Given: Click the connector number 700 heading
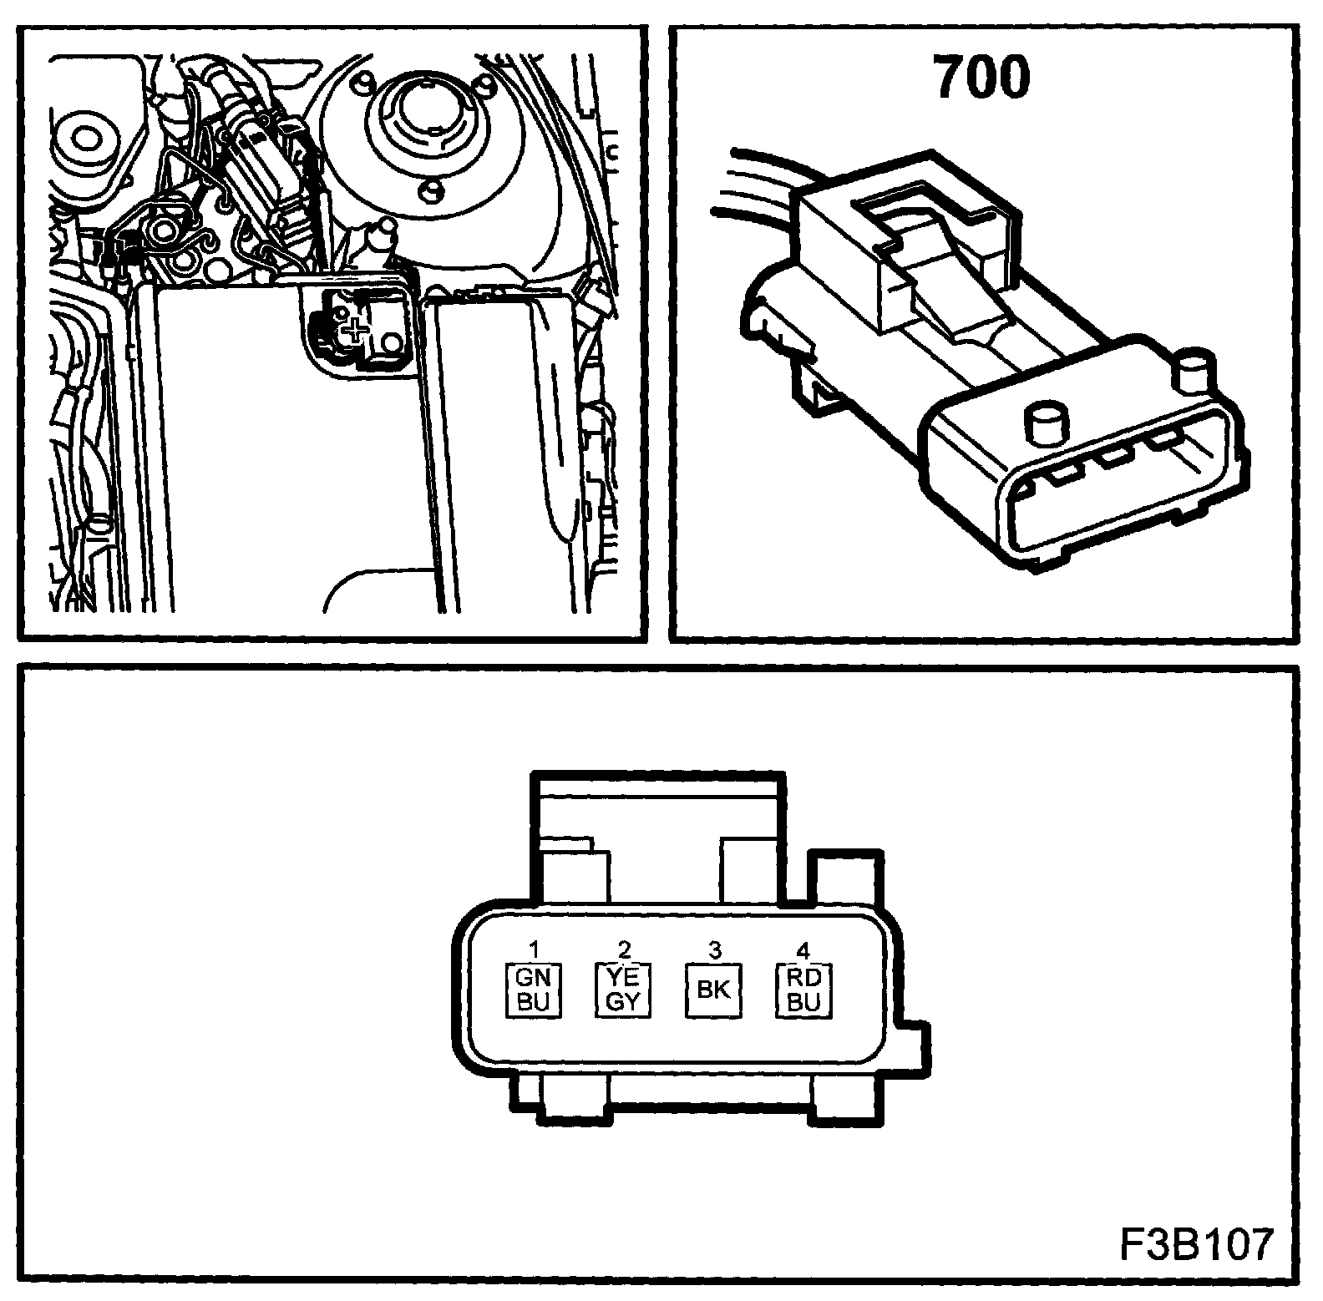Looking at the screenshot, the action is point(982,79).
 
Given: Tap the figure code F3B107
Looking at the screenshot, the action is point(1195,1246).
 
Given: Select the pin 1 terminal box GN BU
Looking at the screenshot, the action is point(533,990).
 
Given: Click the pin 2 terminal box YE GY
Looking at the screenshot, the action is point(623,990).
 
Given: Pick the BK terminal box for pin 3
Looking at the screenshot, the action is point(713,990).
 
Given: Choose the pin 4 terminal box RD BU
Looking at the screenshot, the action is point(803,990).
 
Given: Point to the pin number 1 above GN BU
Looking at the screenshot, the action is point(534,949).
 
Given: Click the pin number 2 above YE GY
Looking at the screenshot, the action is point(624,949).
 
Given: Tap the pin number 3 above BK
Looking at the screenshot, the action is point(714,949).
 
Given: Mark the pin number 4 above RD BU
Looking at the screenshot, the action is point(803,949).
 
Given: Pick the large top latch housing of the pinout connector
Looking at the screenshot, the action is point(660,843).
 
